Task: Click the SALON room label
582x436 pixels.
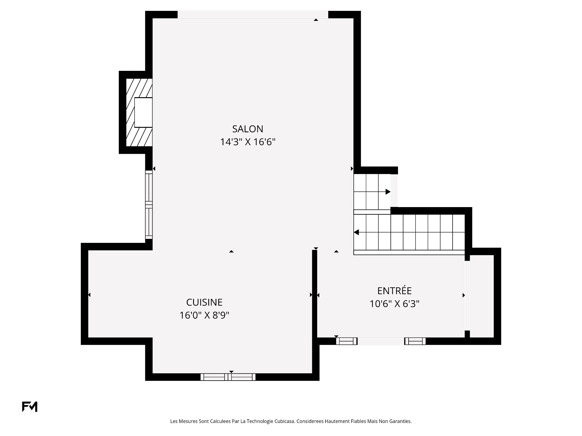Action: click(x=248, y=129)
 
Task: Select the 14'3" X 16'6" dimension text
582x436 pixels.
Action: click(x=248, y=142)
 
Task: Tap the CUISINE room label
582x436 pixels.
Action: click(x=204, y=302)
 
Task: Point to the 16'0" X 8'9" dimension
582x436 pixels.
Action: click(x=204, y=315)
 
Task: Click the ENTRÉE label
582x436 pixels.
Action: click(x=394, y=291)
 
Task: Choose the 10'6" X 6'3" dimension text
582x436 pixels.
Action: click(x=394, y=304)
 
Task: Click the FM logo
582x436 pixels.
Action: click(x=30, y=407)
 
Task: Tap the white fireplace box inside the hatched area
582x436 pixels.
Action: click(x=143, y=112)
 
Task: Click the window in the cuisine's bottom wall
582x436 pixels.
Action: click(x=228, y=377)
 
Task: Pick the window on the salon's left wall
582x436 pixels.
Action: click(x=149, y=205)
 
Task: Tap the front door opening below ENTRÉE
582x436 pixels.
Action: click(x=381, y=341)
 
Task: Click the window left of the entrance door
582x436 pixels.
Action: click(x=347, y=341)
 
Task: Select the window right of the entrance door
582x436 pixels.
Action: click(x=415, y=341)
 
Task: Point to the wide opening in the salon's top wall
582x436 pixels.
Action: click(x=253, y=15)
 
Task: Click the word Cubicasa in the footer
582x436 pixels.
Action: click(x=285, y=421)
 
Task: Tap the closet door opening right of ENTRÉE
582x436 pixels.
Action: click(x=467, y=295)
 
